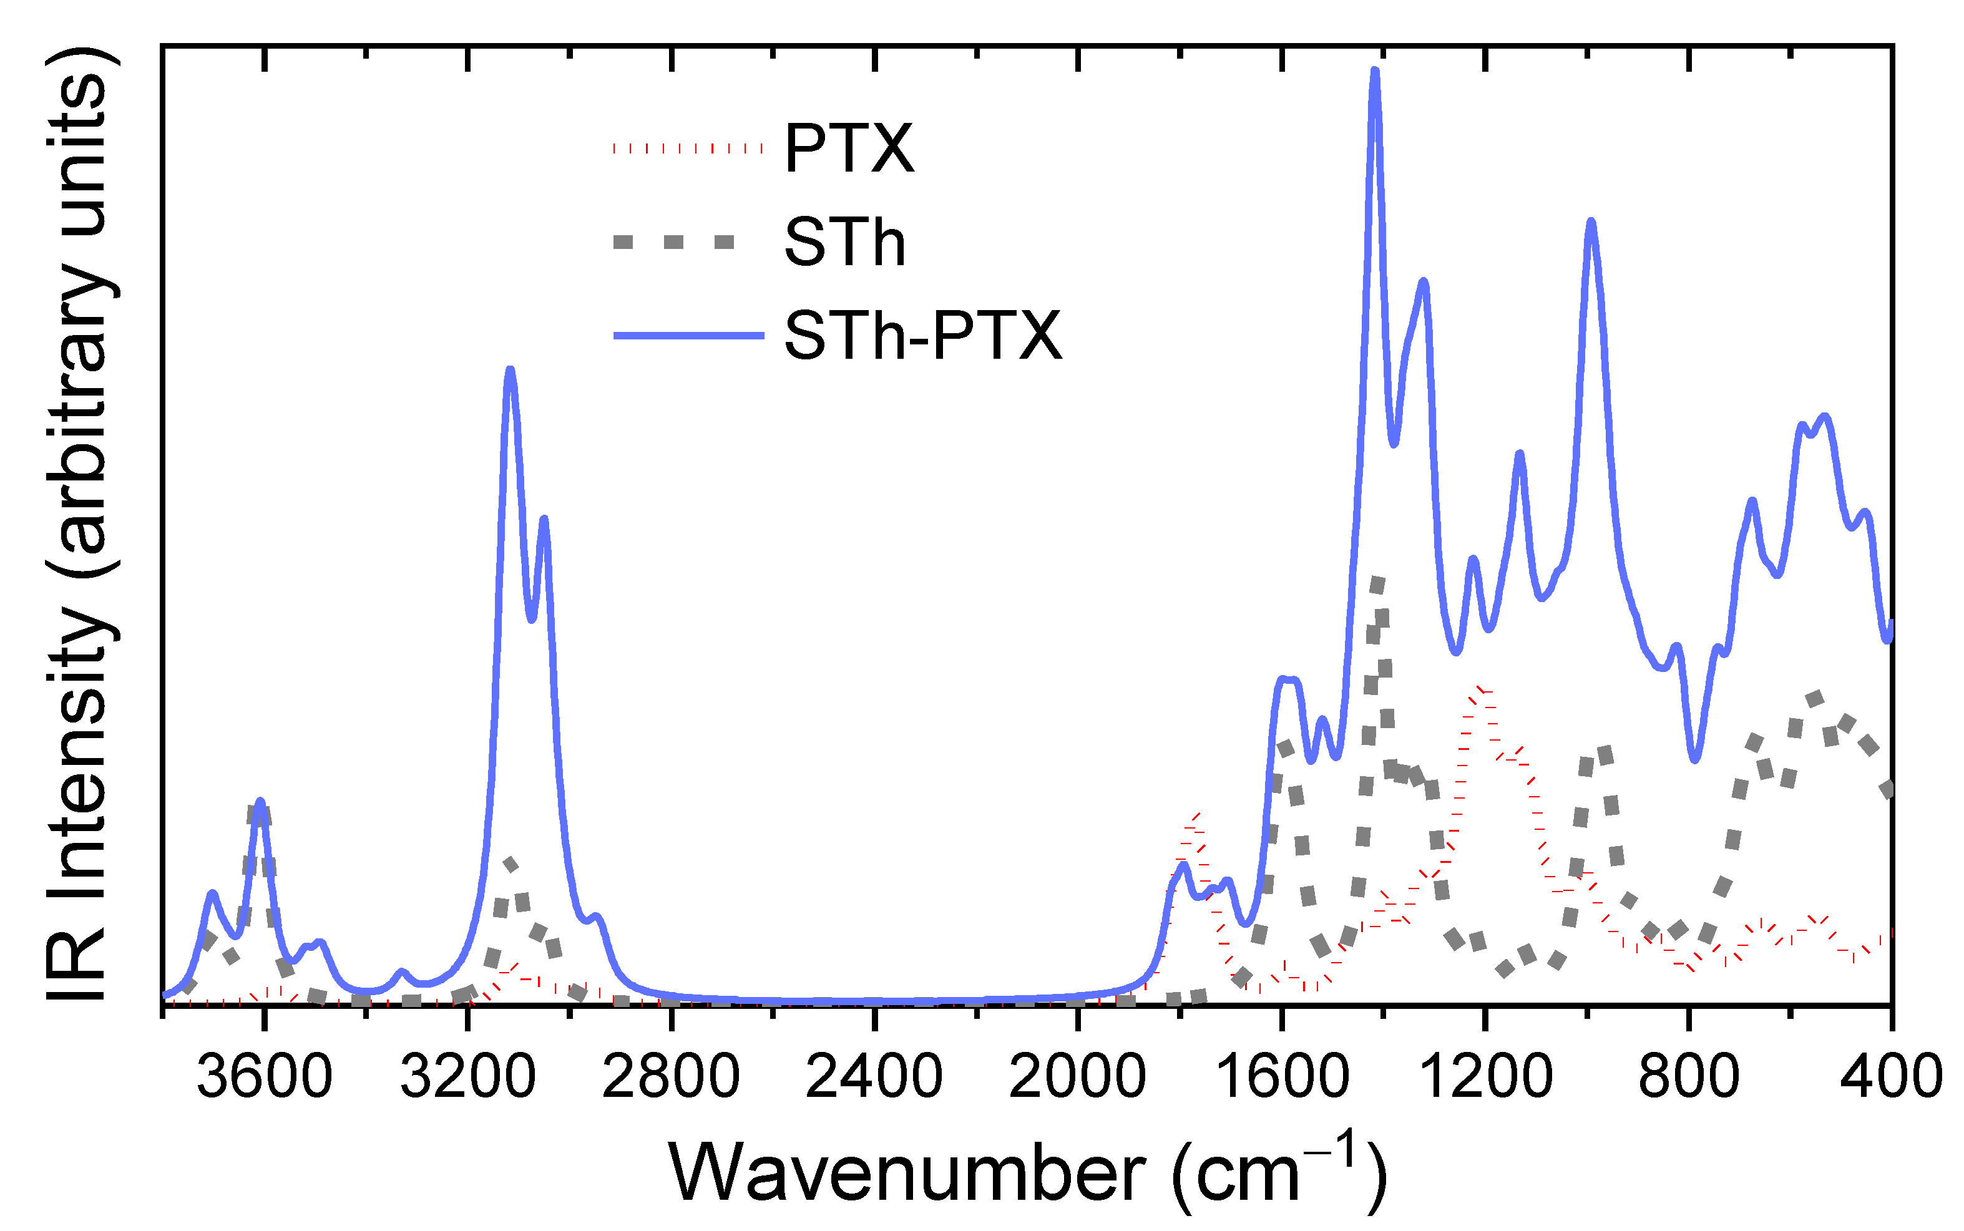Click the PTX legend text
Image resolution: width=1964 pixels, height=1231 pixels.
pyautogui.click(x=849, y=149)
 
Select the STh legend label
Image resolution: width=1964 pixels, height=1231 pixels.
pyautogui.click(x=844, y=243)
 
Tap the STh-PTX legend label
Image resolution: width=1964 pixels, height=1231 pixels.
pyautogui.click(x=922, y=336)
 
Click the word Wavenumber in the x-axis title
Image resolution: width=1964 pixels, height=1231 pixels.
pyautogui.click(x=906, y=1173)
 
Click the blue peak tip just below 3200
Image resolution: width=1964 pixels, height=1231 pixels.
pyautogui.click(x=511, y=371)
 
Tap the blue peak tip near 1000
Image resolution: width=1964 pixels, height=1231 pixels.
pyautogui.click(x=1591, y=222)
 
